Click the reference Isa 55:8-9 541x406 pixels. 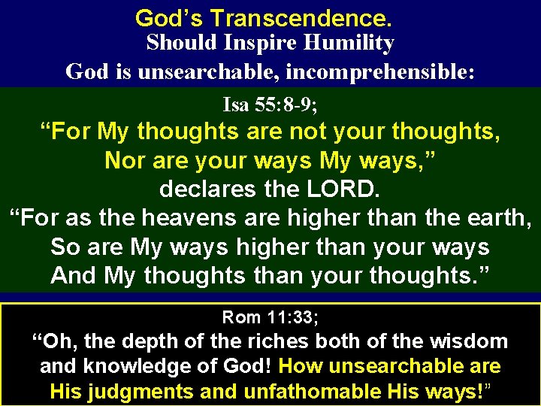point(269,103)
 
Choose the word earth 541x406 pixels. point(500,219)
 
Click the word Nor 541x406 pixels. point(122,160)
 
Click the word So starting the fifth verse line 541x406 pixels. point(63,247)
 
